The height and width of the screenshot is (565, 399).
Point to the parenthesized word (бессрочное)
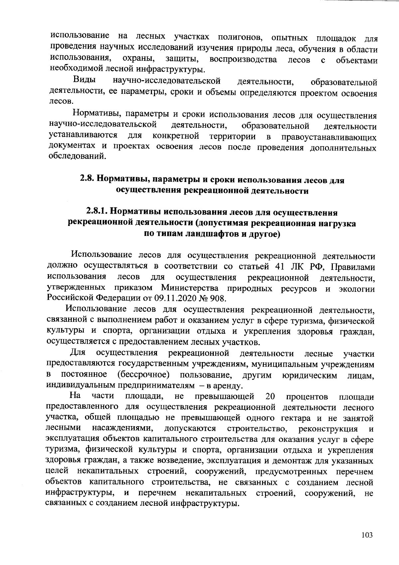[144, 375]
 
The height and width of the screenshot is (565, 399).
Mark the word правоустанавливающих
[329, 137]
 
